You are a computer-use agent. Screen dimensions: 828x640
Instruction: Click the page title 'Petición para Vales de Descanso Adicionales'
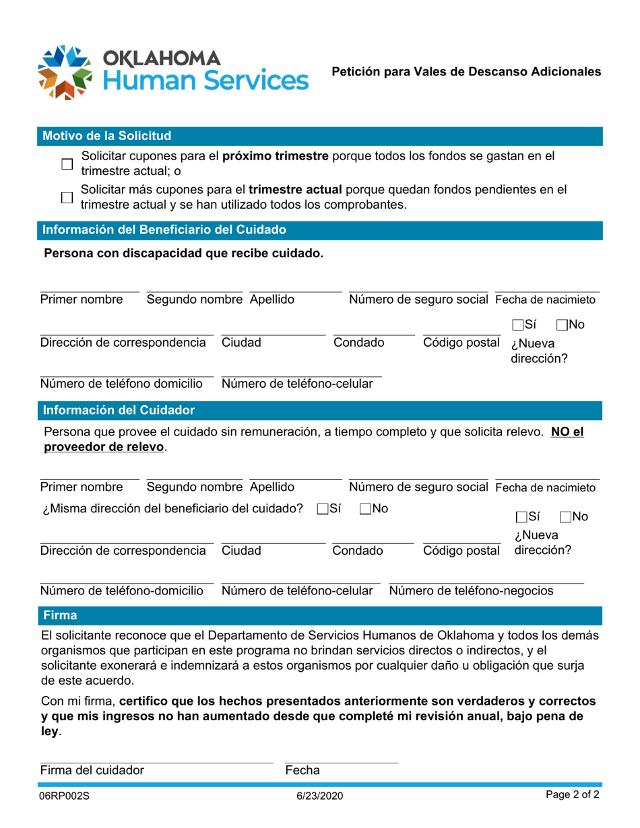click(x=466, y=71)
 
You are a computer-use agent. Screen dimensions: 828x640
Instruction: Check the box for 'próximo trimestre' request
click(x=67, y=164)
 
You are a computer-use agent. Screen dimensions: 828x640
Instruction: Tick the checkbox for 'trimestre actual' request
click(x=67, y=197)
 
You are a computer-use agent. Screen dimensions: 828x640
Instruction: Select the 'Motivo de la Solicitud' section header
click(x=106, y=136)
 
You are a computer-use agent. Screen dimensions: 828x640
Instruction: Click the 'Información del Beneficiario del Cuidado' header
click(x=164, y=230)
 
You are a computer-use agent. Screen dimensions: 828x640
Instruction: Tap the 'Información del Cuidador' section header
click(x=119, y=410)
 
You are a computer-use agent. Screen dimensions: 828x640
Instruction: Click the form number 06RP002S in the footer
click(x=65, y=796)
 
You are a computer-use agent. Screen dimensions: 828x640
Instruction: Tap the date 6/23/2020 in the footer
click(x=320, y=796)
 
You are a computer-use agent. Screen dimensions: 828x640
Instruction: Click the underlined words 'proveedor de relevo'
click(x=104, y=448)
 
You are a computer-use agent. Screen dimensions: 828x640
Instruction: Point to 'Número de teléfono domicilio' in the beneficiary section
click(x=121, y=384)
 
